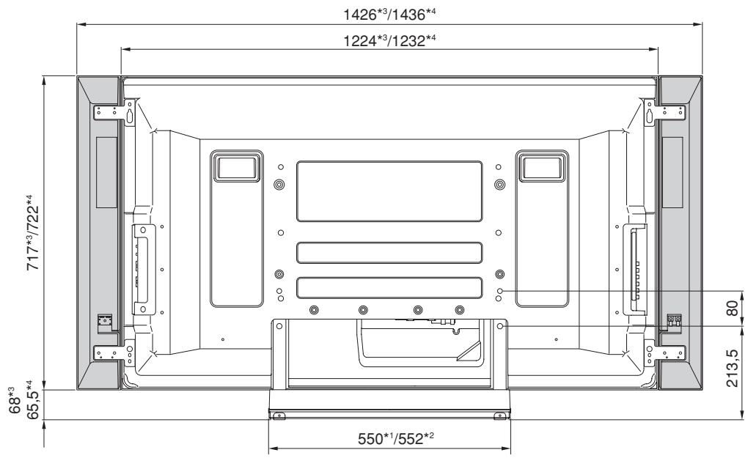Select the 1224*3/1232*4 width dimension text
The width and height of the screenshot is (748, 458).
click(x=389, y=42)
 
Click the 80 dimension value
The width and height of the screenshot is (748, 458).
click(x=730, y=307)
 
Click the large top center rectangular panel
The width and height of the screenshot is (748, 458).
click(x=389, y=191)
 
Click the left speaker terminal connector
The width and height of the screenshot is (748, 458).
click(x=106, y=320)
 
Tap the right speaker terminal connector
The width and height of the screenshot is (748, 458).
click(x=674, y=320)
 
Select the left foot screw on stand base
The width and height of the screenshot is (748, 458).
click(x=279, y=415)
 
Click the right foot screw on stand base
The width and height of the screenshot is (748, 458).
click(x=499, y=415)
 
